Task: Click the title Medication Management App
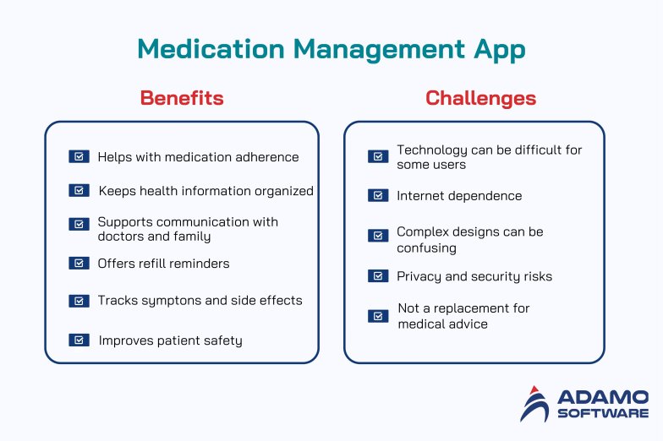click(x=331, y=49)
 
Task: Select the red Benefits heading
click(x=182, y=98)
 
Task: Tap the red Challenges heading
click(x=480, y=98)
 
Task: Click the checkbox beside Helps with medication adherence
click(x=79, y=156)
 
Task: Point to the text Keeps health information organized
click(x=205, y=191)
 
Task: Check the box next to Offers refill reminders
click(x=79, y=263)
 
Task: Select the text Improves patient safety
click(x=170, y=340)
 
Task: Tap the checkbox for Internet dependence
click(x=378, y=195)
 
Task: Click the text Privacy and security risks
click(x=474, y=276)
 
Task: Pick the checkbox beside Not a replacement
click(x=378, y=316)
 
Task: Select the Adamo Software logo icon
click(x=534, y=404)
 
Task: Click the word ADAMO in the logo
click(x=603, y=396)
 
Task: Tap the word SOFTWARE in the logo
click(x=603, y=414)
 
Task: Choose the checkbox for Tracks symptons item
click(x=79, y=301)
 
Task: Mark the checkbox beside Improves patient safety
click(x=79, y=340)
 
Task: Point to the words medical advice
click(x=443, y=324)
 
